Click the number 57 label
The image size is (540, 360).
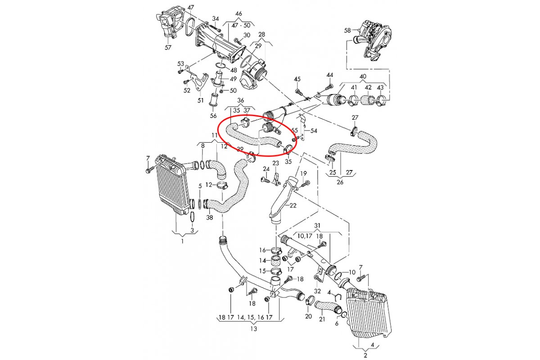tap(168, 47)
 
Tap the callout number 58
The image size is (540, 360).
tap(347, 31)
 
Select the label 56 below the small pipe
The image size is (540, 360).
tap(214, 116)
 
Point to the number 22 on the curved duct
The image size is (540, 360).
tap(293, 205)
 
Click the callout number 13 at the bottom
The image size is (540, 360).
tap(254, 329)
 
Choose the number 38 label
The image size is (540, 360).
tap(209, 218)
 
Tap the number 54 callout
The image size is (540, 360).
tap(314, 130)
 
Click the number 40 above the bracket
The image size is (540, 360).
tap(363, 76)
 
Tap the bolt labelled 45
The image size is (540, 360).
tap(298, 92)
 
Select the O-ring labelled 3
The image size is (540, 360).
tap(192, 217)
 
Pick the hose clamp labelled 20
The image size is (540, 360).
tap(310, 301)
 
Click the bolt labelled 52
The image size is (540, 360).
tap(185, 82)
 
